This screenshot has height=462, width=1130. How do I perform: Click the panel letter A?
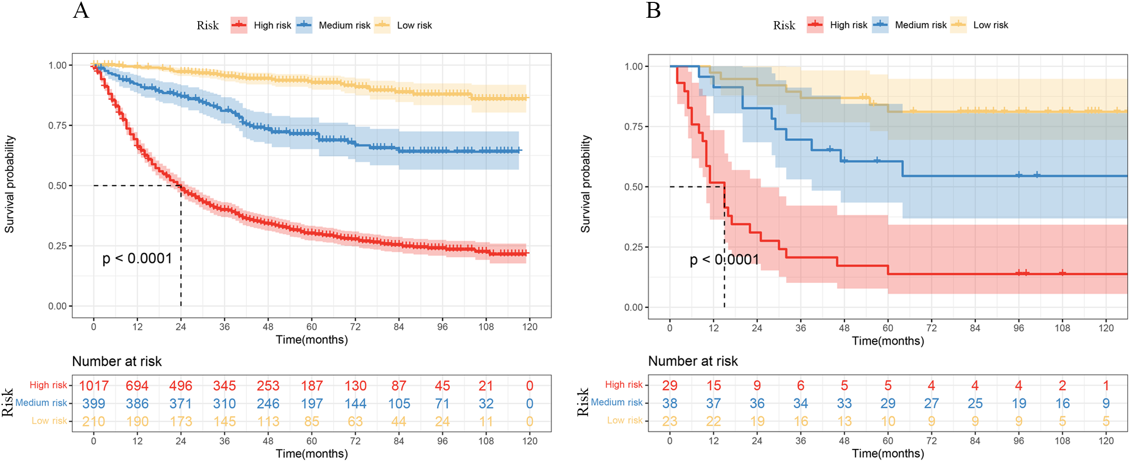pos(81,11)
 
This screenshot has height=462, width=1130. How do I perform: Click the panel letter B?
pos(653,11)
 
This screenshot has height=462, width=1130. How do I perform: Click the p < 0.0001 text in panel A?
pos(137,258)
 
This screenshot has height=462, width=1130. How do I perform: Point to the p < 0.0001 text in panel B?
pos(724,260)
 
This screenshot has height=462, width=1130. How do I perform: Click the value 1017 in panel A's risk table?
pos(94,386)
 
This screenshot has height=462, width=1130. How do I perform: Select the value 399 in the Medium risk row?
pos(94,403)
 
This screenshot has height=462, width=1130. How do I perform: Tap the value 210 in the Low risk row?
pos(94,421)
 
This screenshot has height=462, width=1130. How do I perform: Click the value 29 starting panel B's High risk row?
pos(670,385)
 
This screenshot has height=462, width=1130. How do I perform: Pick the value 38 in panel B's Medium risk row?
pos(670,403)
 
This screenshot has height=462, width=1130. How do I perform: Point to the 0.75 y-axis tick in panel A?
pos(57,125)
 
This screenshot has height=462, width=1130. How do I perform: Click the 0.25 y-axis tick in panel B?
pos(633,247)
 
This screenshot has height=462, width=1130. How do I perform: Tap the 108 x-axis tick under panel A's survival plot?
pos(486,327)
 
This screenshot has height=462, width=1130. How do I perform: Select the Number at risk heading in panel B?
pos(693,361)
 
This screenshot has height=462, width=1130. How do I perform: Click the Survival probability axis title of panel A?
pos(10,184)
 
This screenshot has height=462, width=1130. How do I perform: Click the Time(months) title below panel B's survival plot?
pos(888,341)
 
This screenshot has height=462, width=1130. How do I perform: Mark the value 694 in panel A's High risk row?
pos(137,386)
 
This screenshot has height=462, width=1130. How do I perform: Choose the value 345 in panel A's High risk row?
pos(224,386)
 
